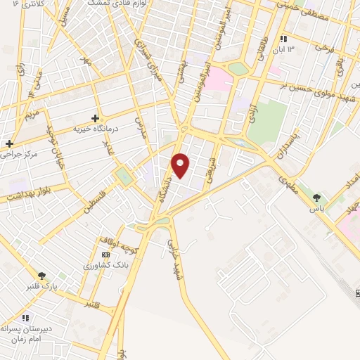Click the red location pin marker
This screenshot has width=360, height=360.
(181, 165)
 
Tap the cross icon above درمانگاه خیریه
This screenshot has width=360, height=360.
(96, 118)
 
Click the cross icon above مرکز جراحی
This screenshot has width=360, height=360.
(9, 143)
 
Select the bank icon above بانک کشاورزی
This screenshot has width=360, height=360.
(106, 255)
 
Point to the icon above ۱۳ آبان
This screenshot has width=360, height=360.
(283, 39)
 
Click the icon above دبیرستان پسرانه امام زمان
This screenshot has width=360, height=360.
(26, 318)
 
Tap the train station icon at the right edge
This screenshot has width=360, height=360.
(356, 292)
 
